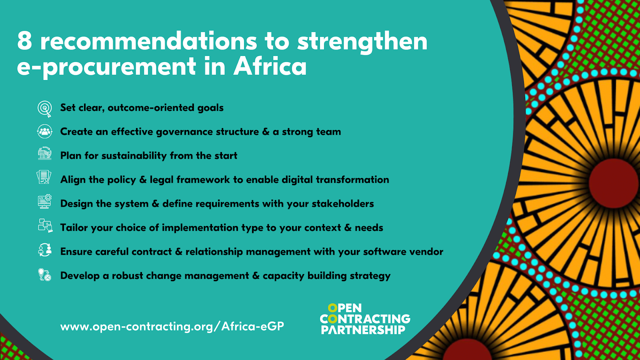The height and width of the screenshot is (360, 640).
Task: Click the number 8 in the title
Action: pyautogui.click(x=24, y=41)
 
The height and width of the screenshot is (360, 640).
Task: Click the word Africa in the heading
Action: pyautogui.click(x=270, y=66)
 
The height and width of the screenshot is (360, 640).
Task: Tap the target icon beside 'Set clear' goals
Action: pyautogui.click(x=44, y=109)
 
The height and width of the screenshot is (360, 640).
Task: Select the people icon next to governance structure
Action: pyautogui.click(x=44, y=132)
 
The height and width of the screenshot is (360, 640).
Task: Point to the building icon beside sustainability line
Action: pyautogui.click(x=44, y=154)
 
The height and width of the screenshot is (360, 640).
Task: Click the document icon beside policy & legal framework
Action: pyautogui.click(x=44, y=177)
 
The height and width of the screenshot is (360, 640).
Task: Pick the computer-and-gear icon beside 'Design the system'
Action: pyautogui.click(x=44, y=202)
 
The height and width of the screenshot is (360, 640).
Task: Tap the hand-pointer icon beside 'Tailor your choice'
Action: pyautogui.click(x=45, y=226)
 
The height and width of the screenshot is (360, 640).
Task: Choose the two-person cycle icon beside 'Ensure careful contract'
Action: pyautogui.click(x=45, y=250)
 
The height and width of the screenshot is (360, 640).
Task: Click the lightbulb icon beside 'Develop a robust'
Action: pyautogui.click(x=44, y=275)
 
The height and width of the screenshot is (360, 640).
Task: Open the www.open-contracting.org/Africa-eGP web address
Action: pyautogui.click(x=172, y=326)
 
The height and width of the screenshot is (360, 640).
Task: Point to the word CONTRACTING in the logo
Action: pyautogui.click(x=365, y=318)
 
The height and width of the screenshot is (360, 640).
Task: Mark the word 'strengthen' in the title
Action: pyautogui.click(x=362, y=42)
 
